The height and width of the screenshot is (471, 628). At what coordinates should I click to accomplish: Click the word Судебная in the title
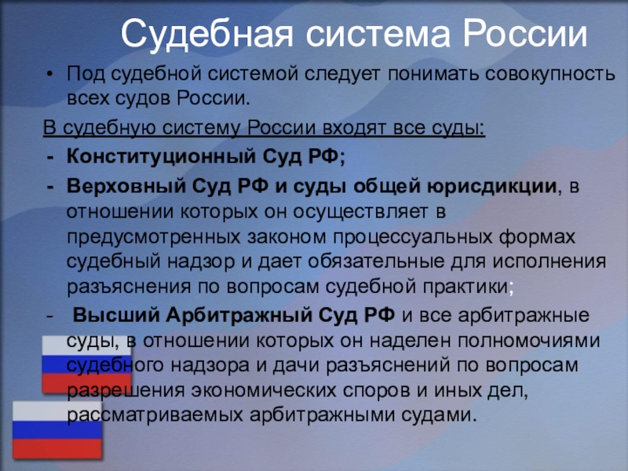[x=207, y=34]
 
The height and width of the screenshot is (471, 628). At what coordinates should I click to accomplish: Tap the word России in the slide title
[x=525, y=34]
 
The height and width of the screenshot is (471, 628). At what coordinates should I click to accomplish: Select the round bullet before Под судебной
[x=49, y=75]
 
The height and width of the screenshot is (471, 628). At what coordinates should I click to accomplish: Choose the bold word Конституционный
[x=161, y=155]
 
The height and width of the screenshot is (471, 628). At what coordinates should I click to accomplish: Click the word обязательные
[x=376, y=262]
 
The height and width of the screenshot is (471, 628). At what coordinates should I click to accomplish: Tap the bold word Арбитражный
[x=239, y=316]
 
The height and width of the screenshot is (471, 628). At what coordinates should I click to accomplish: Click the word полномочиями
[x=528, y=341]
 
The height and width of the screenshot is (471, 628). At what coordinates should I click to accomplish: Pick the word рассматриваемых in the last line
[x=155, y=415]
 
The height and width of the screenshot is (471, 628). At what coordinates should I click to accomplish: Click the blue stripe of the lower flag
[x=57, y=429]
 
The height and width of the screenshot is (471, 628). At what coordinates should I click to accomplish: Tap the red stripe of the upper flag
[x=86, y=384]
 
